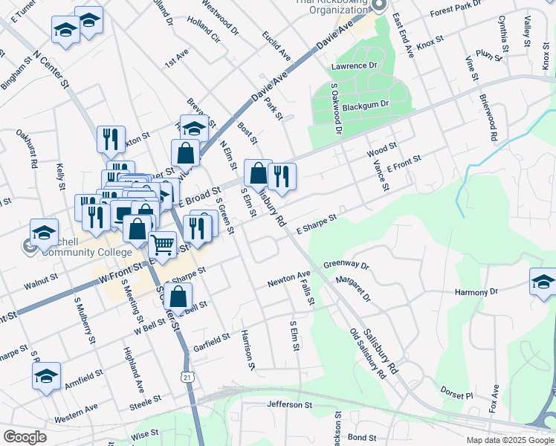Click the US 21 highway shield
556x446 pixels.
tap(188, 378)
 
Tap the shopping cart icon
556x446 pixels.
tap(162, 243)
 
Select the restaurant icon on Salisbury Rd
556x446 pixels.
tap(282, 176)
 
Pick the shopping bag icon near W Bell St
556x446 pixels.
tap(179, 297)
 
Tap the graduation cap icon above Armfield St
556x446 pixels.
tap(46, 376)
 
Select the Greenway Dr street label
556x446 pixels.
tap(346, 265)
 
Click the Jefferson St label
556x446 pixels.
tap(290, 405)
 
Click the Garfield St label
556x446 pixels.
tap(212, 340)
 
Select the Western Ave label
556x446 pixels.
tap(76, 409)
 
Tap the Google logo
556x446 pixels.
tap(25, 437)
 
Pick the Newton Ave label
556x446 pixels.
tap(289, 279)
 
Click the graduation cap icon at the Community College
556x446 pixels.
tap(44, 231)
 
